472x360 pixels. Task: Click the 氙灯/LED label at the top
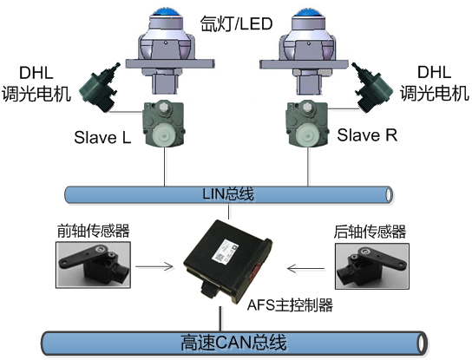click(x=236, y=24)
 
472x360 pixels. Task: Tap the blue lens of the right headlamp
click(x=309, y=12)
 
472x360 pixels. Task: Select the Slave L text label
click(x=102, y=138)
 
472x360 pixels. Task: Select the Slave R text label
click(x=367, y=134)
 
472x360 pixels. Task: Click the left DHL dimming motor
click(x=99, y=88)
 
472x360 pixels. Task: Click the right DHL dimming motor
click(x=372, y=88)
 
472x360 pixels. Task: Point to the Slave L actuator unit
click(x=164, y=124)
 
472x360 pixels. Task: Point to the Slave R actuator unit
click(x=307, y=124)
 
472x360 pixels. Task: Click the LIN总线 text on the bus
click(x=228, y=193)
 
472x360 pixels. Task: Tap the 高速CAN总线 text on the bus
click(x=233, y=343)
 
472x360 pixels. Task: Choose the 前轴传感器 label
click(x=94, y=231)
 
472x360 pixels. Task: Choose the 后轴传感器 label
click(x=370, y=232)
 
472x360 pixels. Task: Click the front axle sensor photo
click(x=93, y=265)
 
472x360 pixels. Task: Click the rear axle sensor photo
click(x=372, y=266)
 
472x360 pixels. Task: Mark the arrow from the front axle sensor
click(x=154, y=266)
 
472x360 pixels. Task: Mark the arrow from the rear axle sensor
click(x=305, y=268)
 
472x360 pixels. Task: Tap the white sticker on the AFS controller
click(x=225, y=252)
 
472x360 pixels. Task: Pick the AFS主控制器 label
click(x=290, y=305)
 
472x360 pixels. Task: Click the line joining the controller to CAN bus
click(x=221, y=319)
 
